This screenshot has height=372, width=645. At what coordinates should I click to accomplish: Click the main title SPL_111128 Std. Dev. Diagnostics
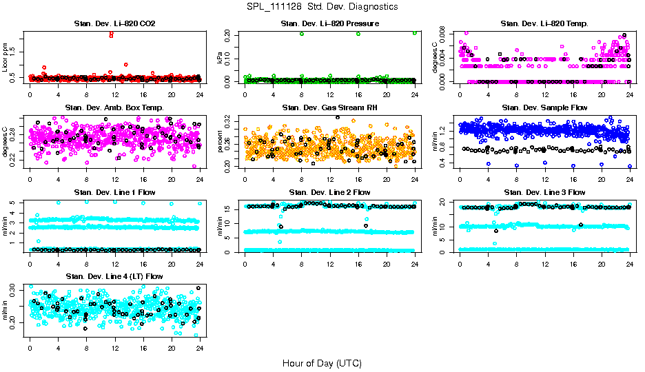click(322, 6)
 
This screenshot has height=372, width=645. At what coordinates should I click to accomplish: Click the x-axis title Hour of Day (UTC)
click(322, 362)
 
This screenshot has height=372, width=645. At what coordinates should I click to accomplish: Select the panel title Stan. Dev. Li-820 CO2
click(114, 24)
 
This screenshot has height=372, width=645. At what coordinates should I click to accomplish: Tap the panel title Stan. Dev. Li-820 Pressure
click(330, 24)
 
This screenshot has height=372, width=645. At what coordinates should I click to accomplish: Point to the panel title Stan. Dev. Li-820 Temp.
click(545, 24)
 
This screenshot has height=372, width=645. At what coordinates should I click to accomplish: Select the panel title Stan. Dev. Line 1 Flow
click(114, 192)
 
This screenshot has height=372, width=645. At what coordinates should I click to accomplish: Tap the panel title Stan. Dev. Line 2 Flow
click(330, 192)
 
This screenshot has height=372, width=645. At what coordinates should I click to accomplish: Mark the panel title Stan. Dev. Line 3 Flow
click(545, 192)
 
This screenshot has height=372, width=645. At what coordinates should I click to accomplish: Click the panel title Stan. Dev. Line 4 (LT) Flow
click(114, 276)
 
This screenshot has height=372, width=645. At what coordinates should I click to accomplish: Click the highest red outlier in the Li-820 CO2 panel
click(112, 34)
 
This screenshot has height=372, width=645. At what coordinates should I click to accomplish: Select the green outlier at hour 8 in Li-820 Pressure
click(302, 34)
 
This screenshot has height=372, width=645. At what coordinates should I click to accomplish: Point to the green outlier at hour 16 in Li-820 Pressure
click(358, 34)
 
